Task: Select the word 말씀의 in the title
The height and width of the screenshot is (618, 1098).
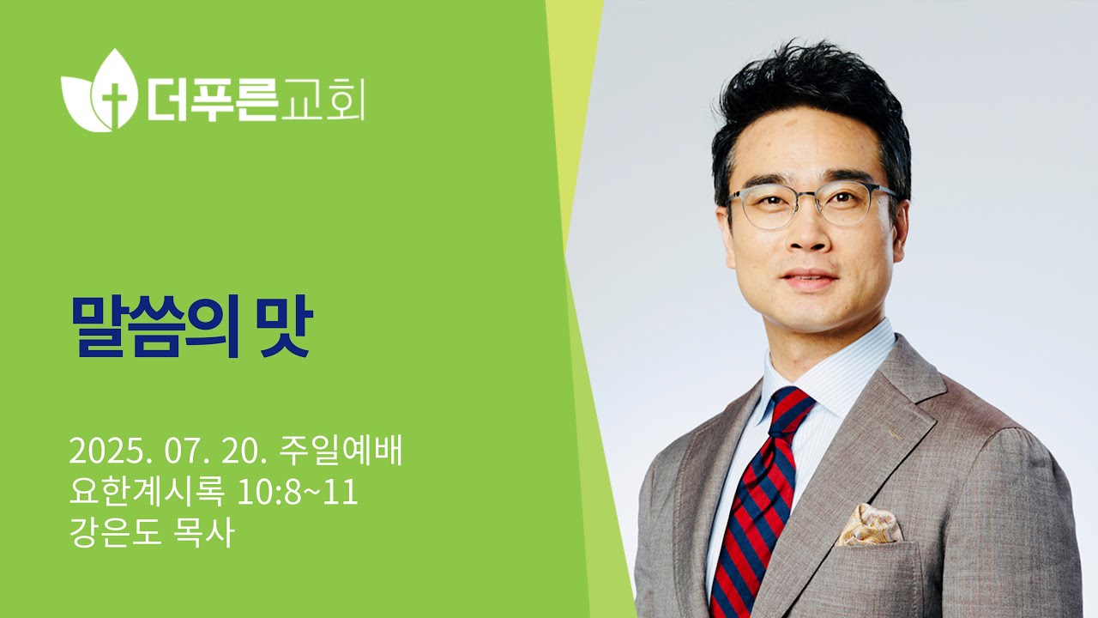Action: [x=155, y=326]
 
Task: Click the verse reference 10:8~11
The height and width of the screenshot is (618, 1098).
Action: [x=297, y=493]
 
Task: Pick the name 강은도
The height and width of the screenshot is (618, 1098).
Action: [x=115, y=533]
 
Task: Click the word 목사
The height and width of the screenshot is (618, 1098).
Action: [x=203, y=533]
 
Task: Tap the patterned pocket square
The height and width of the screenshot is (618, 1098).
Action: [x=868, y=525]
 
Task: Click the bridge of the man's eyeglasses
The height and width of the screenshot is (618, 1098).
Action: [x=811, y=198]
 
